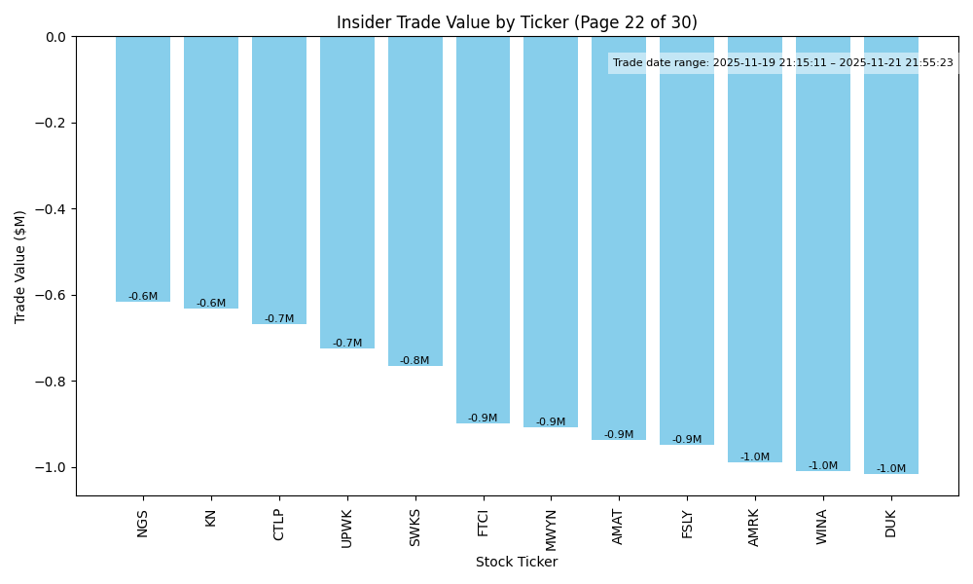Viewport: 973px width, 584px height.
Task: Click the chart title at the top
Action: click(517, 22)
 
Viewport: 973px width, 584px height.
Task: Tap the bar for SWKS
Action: click(415, 201)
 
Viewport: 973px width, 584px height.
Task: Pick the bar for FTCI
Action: click(483, 230)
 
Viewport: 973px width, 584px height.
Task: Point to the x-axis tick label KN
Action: click(211, 518)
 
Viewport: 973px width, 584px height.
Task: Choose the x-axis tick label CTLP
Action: click(279, 525)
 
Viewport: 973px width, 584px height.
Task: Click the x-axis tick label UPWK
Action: click(347, 527)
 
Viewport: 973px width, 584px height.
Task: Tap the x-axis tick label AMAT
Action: click(619, 527)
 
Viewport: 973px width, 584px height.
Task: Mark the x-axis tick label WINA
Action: click(822, 527)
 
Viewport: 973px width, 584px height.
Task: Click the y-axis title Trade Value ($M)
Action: click(20, 266)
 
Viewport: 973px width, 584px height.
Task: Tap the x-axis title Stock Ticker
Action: click(517, 562)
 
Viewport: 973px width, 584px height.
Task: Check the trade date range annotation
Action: click(783, 63)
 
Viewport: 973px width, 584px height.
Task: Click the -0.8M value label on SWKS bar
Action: click(414, 361)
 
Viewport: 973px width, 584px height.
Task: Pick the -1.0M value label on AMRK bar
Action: click(755, 457)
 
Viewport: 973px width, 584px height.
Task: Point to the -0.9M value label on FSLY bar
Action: click(687, 440)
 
